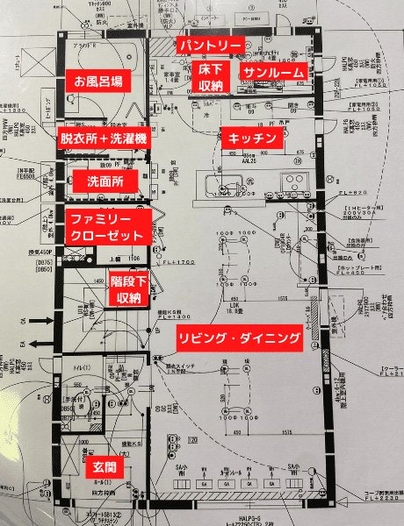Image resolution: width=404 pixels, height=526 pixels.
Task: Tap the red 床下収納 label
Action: pyautogui.click(x=211, y=77)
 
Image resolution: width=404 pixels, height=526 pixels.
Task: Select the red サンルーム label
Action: pyautogui.click(x=274, y=71)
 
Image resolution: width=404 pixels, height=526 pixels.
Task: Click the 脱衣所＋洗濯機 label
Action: pyautogui.click(x=105, y=139)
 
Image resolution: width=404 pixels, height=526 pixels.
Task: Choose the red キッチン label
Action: pyautogui.click(x=253, y=139)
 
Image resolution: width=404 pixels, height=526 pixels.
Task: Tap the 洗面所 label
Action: pyautogui.click(x=105, y=181)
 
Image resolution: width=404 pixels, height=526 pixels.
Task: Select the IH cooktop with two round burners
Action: pyautogui.click(x=292, y=181)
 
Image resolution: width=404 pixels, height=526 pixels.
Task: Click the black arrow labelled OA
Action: pyautogui.click(x=39, y=323)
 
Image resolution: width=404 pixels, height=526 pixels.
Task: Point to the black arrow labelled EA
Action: pyautogui.click(x=39, y=345)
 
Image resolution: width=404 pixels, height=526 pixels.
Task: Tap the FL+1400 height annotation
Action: pyautogui.click(x=171, y=317)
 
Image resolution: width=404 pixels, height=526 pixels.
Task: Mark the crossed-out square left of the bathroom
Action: pyautogui.click(x=39, y=67)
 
